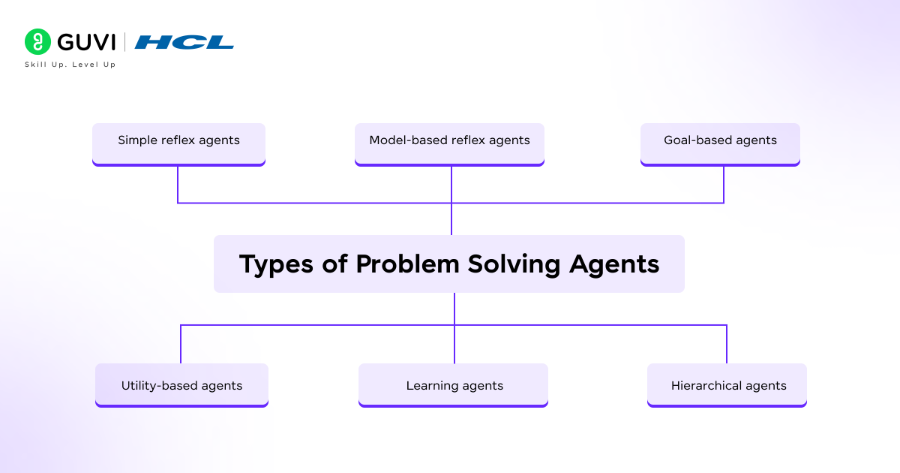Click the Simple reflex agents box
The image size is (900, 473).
tap(178, 142)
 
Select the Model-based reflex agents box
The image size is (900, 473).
tap(449, 142)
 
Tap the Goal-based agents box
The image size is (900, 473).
tap(720, 142)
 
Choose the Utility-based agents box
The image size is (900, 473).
tap(181, 384)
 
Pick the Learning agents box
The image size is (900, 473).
tap(454, 384)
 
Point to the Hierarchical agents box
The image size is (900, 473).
tap(727, 384)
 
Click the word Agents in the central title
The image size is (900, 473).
tap(614, 265)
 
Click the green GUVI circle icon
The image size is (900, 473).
tap(37, 41)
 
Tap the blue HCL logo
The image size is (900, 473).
tap(184, 42)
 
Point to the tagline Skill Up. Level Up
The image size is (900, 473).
tap(70, 65)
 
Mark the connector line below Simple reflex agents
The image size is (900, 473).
tap(178, 184)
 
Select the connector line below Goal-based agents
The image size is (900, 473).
tap(724, 184)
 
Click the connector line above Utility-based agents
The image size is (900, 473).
tap(181, 344)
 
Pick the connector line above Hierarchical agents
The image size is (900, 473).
tap(727, 344)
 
